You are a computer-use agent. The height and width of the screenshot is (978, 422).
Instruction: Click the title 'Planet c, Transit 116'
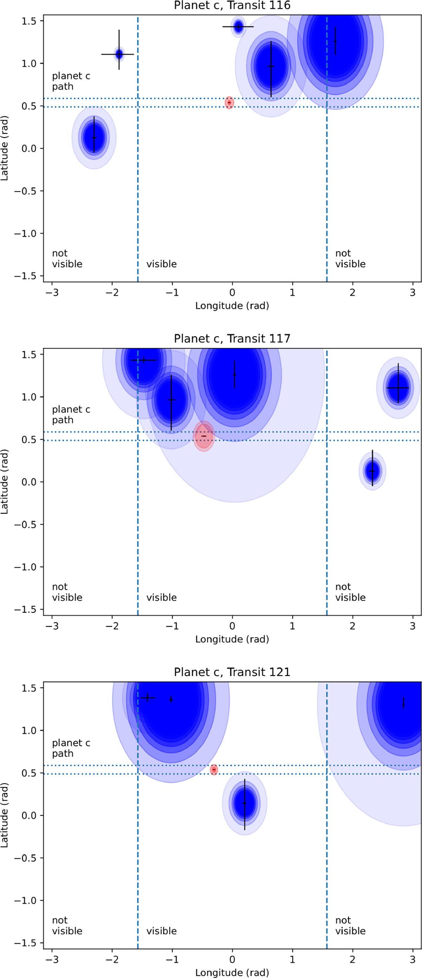tap(232, 5)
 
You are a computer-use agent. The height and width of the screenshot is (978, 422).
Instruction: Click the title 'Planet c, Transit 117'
tap(232, 339)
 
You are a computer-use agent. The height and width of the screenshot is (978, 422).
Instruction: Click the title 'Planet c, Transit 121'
tap(232, 672)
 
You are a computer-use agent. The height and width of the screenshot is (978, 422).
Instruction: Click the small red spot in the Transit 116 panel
tap(229, 102)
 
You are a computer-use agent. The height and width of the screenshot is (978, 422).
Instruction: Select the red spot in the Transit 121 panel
tap(214, 770)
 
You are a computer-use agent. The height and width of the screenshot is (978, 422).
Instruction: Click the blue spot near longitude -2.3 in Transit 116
tap(94, 138)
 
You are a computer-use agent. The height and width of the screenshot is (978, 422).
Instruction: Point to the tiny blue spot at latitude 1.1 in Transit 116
tap(119, 54)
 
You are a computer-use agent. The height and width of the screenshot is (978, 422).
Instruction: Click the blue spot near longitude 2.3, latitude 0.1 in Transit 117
tap(372, 471)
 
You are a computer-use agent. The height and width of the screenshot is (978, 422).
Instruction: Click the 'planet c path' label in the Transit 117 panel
tap(71, 415)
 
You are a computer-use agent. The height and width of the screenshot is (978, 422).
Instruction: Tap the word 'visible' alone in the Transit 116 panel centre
tap(162, 264)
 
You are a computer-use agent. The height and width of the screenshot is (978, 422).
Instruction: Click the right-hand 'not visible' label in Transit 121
tap(350, 926)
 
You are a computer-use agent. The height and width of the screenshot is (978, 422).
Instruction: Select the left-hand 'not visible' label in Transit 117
tap(67, 592)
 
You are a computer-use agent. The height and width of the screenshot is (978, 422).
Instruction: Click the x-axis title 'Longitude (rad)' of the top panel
tap(232, 305)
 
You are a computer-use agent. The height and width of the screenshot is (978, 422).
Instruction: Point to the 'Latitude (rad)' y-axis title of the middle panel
tap(5, 481)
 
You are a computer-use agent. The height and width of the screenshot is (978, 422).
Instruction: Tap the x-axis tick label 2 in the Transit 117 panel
tap(352, 626)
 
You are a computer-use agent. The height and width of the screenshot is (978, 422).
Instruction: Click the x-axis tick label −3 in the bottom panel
tap(52, 959)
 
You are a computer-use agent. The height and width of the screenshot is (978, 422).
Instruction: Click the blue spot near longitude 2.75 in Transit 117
tap(398, 387)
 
